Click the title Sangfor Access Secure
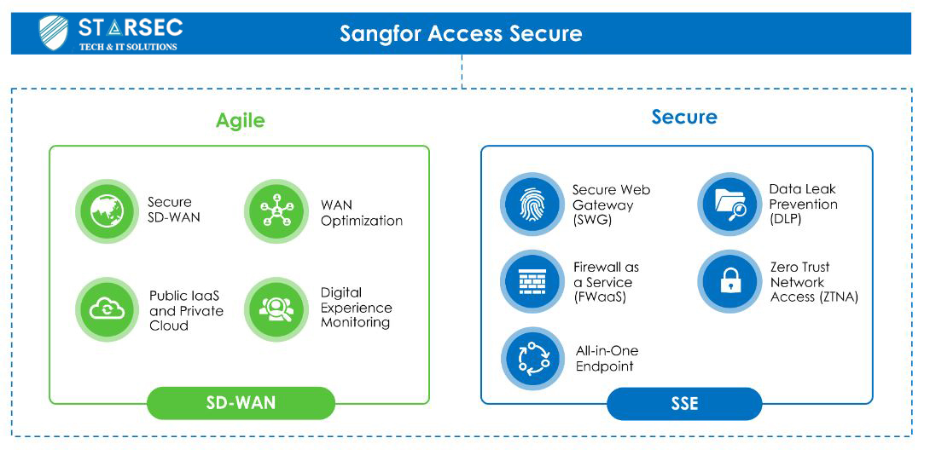(461, 34)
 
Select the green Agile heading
(241, 120)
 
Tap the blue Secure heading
(684, 116)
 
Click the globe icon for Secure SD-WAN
(107, 210)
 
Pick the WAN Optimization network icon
(276, 211)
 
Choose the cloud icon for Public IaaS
(107, 310)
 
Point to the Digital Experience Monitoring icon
(276, 310)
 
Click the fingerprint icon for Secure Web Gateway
(531, 205)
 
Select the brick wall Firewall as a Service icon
(531, 281)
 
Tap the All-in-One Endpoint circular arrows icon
(532, 358)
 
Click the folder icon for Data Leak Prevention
(728, 205)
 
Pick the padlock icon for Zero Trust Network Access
(728, 281)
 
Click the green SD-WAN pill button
(241, 403)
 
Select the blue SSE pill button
(684, 404)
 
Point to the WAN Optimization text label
(362, 213)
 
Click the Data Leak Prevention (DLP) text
(804, 204)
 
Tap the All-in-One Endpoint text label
(607, 359)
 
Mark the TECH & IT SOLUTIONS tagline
(128, 46)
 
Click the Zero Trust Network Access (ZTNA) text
(814, 282)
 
